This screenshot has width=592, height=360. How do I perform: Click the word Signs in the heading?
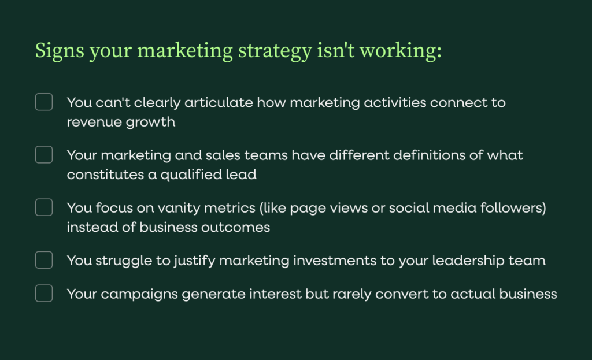click(60, 51)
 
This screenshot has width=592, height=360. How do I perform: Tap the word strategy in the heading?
click(275, 51)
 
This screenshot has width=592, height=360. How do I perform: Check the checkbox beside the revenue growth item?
click(44, 102)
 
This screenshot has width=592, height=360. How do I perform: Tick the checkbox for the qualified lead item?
click(44, 155)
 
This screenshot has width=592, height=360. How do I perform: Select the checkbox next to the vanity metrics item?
click(44, 207)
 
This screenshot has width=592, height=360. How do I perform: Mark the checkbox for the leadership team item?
click(44, 260)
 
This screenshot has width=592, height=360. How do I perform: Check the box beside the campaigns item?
click(44, 293)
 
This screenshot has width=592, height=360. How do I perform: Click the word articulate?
click(219, 103)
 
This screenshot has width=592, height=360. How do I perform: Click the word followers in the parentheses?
click(511, 208)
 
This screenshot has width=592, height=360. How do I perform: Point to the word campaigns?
click(139, 294)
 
